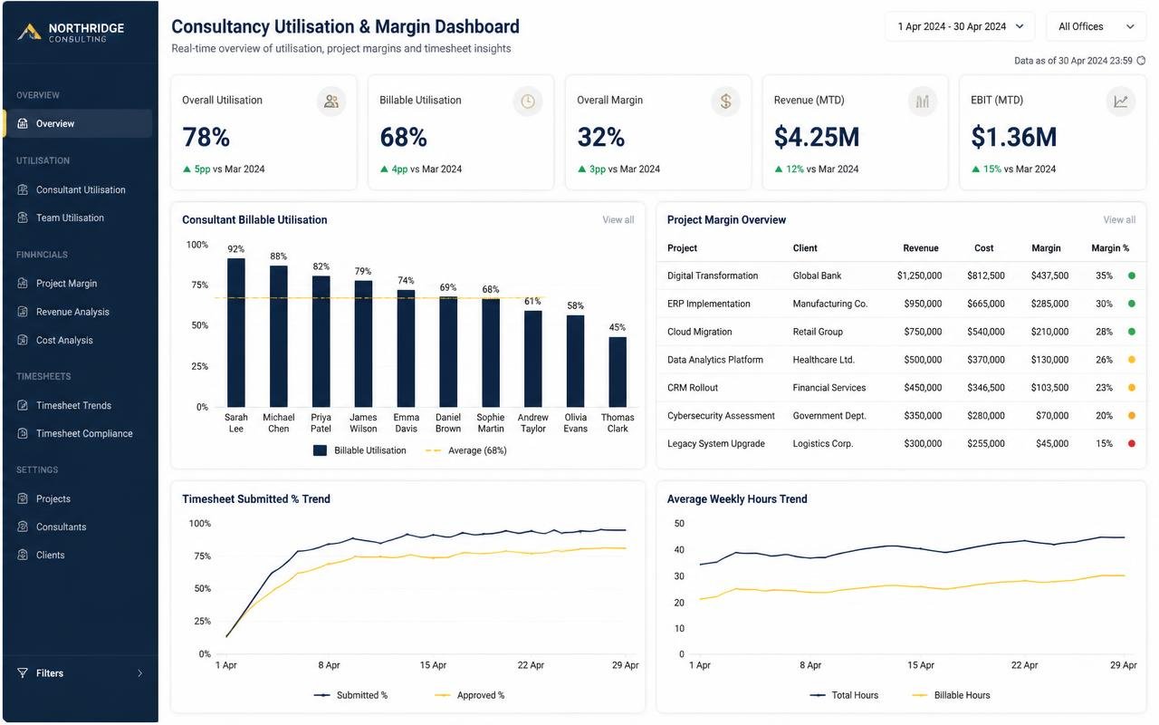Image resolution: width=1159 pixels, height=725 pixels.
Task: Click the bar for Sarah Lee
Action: pos(236,333)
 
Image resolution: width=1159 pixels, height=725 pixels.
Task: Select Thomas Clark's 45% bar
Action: pos(618,372)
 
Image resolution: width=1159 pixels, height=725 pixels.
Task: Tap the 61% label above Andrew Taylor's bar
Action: pos(532,301)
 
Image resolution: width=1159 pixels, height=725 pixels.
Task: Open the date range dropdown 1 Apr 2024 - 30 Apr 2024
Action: pos(961,26)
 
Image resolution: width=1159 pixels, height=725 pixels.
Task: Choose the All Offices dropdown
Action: pos(1096,26)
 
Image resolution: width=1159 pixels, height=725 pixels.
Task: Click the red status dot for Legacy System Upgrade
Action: pos(1132,443)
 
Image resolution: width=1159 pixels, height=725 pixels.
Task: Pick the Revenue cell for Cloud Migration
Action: pos(923,332)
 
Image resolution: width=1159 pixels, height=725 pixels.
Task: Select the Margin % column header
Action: pos(1110,248)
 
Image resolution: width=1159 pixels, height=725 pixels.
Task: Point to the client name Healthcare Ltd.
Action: pos(823,360)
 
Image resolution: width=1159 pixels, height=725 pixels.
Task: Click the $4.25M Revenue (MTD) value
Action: pos(817,137)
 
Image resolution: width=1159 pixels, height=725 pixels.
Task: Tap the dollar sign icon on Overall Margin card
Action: pos(725,101)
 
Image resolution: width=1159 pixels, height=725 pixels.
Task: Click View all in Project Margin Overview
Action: pos(1119,219)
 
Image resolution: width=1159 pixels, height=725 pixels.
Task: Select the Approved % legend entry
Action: pos(469,695)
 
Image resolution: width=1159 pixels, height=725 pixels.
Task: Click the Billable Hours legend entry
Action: pos(951,695)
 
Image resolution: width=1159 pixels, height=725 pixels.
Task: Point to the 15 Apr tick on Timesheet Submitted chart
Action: pos(433,665)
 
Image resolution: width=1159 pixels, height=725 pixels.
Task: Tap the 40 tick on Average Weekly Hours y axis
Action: pos(679,549)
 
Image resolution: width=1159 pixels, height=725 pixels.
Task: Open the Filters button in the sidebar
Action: pos(81,673)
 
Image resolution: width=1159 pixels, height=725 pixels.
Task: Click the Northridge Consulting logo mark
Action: pos(30,32)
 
